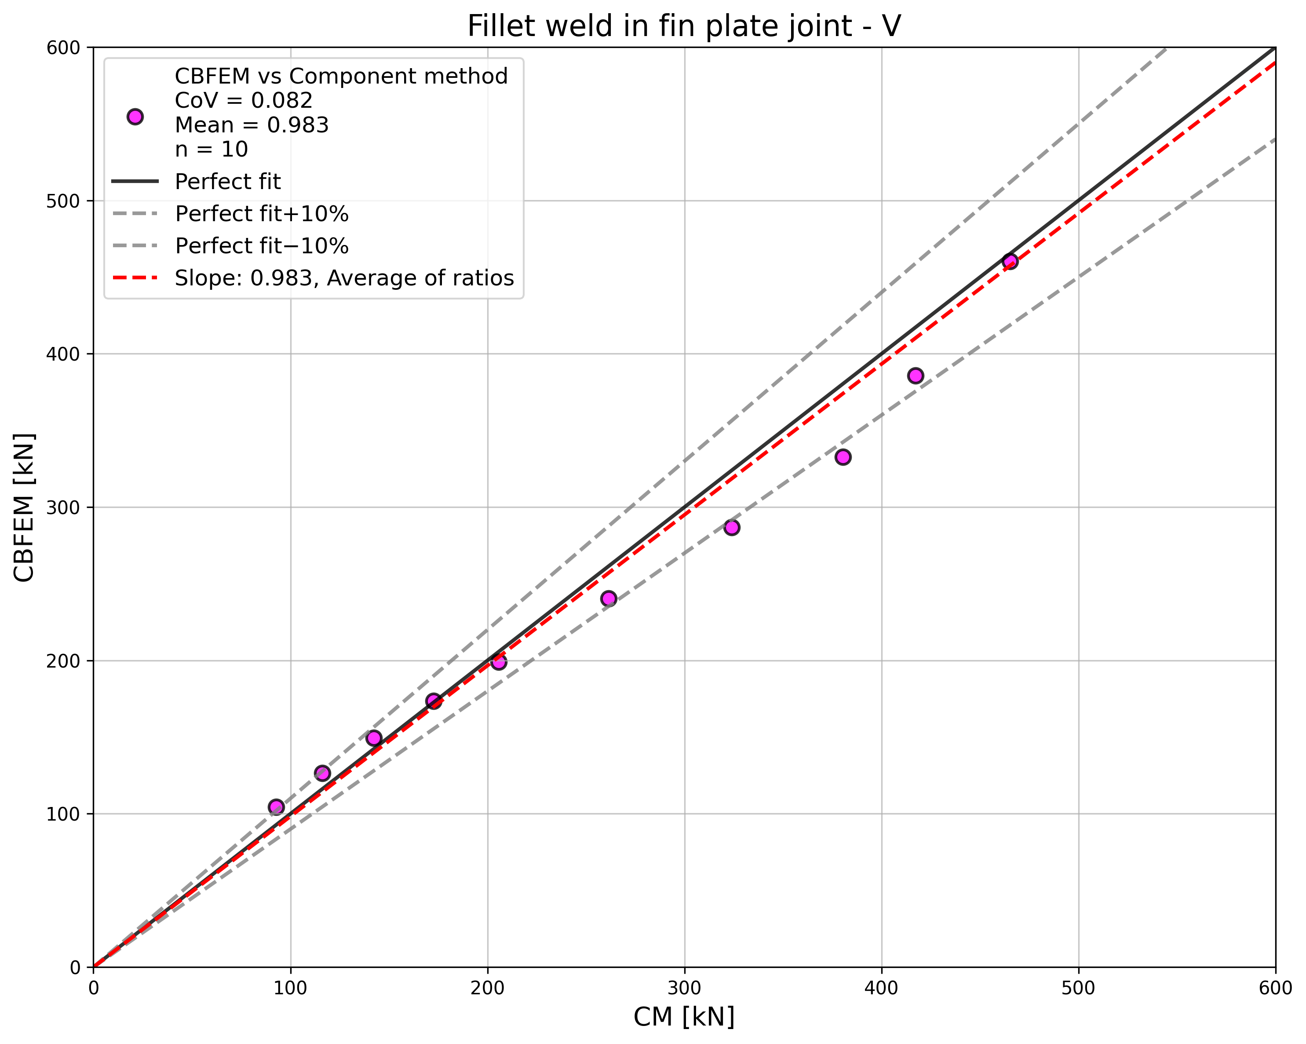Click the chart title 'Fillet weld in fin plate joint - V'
[x=684, y=27]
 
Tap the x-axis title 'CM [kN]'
[x=684, y=1017]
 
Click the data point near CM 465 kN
[x=1010, y=261]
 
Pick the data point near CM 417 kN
[x=915, y=376]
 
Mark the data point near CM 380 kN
[x=843, y=457]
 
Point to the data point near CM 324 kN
[x=732, y=527]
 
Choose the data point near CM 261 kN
[x=608, y=599]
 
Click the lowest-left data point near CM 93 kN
[x=276, y=807]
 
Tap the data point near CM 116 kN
[x=322, y=773]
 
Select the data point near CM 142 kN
[x=374, y=738]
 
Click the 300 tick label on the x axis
[x=685, y=988]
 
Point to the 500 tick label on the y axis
[x=64, y=201]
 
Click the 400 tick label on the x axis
[x=881, y=988]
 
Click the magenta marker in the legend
[x=135, y=117]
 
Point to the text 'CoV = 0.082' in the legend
[x=244, y=101]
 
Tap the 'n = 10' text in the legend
[x=212, y=149]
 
